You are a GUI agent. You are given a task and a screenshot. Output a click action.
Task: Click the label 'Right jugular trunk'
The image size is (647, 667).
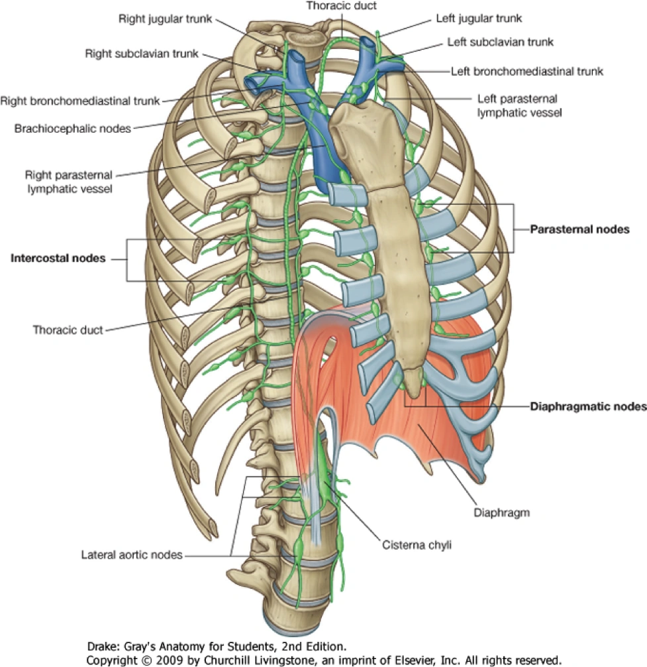pos(165,19)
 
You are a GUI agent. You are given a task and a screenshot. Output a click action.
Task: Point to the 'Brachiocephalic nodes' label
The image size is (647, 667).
pos(72,128)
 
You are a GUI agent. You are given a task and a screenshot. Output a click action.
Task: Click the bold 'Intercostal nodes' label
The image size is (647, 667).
pos(58,259)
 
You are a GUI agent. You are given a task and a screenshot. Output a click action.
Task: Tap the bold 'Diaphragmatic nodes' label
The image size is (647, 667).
pos(587,406)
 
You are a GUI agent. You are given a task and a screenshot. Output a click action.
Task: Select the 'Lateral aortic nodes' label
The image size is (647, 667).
pos(131,554)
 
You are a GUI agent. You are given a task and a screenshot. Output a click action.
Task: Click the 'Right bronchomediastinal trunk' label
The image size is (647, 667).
pos(79,101)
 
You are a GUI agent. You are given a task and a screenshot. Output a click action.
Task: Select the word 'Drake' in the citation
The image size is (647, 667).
pos(102,646)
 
